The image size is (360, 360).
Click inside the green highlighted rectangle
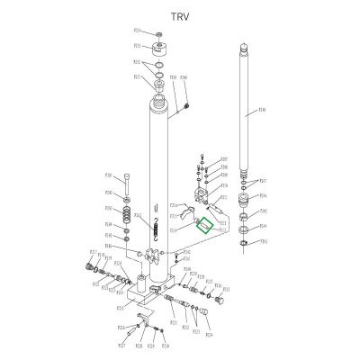(x=205, y=226)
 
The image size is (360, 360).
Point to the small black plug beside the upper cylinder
(x=185, y=108)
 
